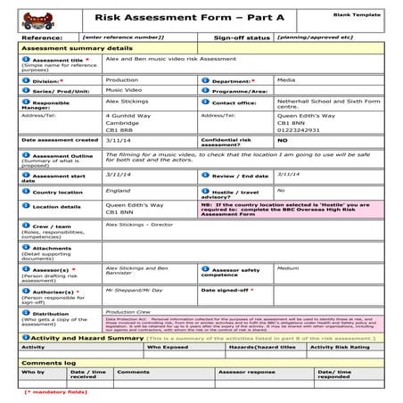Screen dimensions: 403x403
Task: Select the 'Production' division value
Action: [122, 79]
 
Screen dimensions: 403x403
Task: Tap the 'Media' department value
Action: [286, 79]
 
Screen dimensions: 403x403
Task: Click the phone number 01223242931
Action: [299, 130]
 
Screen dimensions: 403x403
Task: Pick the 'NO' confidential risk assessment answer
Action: [283, 141]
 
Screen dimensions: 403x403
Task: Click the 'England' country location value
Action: [117, 191]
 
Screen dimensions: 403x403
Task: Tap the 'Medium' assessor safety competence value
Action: [287, 267]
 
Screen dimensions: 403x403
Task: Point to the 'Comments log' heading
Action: [45, 363]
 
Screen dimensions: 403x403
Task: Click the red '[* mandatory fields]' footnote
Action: [55, 391]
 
